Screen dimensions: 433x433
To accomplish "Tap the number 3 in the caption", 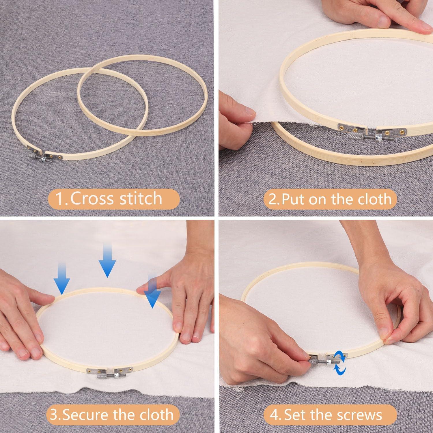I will (54, 415).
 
